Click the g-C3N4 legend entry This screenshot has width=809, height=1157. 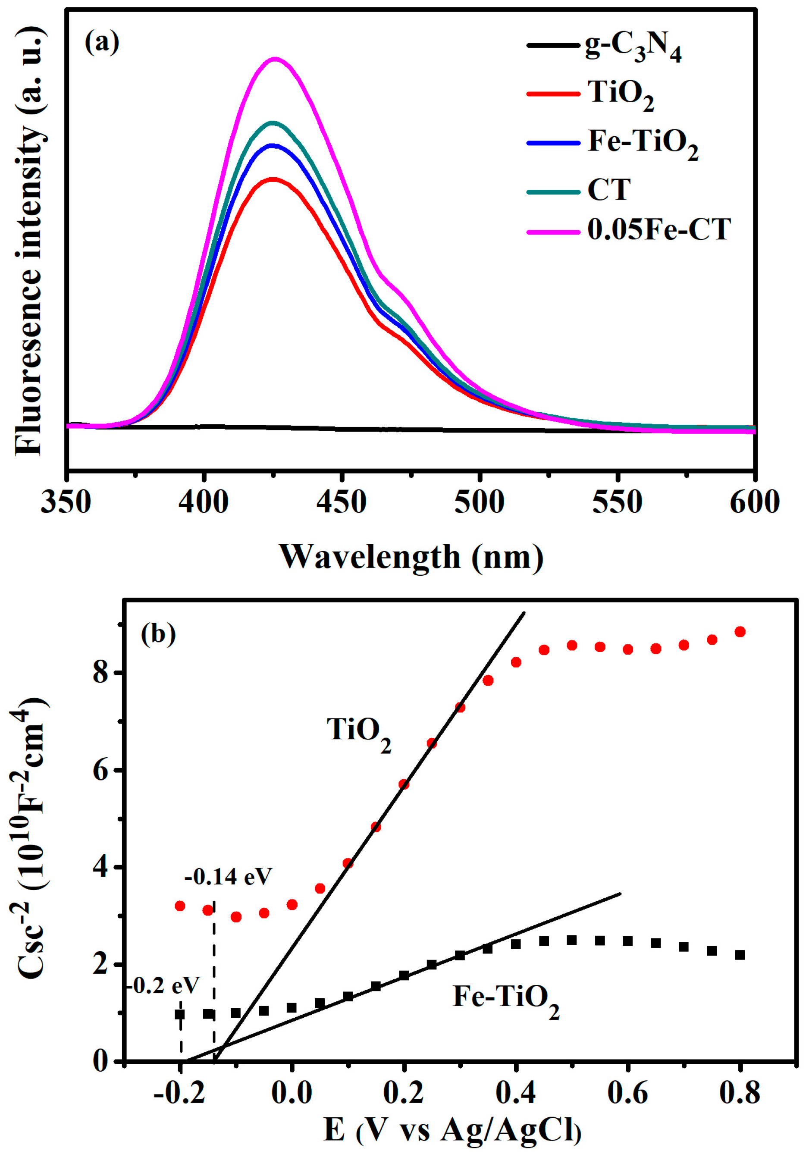[x=633, y=50]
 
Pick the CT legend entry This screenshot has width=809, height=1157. [x=609, y=190]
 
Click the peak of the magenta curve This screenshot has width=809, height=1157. [x=275, y=59]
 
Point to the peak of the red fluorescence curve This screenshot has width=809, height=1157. [x=273, y=179]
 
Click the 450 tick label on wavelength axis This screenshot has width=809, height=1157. [x=342, y=503]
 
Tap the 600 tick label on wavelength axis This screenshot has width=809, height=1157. [x=754, y=503]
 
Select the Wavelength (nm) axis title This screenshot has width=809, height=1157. [x=411, y=557]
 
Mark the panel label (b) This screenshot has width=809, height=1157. [x=158, y=634]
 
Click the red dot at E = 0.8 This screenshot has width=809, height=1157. [x=740, y=632]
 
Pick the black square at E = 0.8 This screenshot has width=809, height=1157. [x=740, y=955]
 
